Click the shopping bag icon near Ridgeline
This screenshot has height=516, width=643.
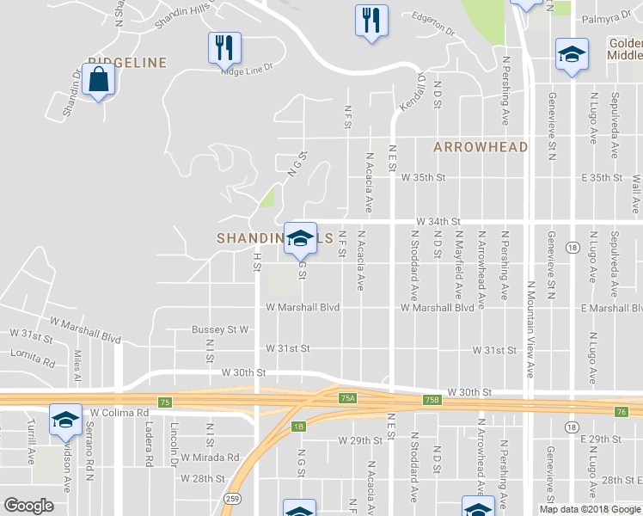click(99, 78)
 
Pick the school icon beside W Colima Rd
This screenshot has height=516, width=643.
click(65, 421)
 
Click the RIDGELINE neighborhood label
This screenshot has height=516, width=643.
click(126, 62)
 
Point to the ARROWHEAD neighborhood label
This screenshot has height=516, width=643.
click(481, 147)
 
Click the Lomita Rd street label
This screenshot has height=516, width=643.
click(33, 353)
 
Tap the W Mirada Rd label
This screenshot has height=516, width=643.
click(209, 458)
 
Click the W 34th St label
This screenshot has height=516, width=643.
click(438, 221)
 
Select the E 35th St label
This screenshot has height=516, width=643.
click(601, 177)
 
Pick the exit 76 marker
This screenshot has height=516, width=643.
click(622, 412)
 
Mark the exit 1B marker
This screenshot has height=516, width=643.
click(298, 426)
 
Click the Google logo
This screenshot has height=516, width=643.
click(28, 506)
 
